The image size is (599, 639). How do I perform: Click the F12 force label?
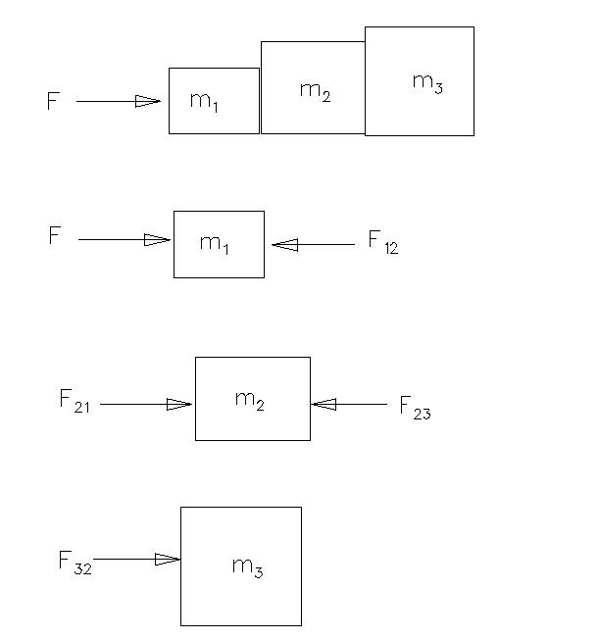[x=383, y=242]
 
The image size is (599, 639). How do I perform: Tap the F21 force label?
[x=75, y=401]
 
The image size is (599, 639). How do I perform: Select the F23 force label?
[x=415, y=408]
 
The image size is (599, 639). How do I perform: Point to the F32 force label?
[x=75, y=563]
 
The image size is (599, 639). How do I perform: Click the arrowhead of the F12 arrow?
[x=284, y=245]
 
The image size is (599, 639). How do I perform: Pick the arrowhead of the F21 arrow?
[x=179, y=404]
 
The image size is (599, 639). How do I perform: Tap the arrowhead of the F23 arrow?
[x=324, y=404]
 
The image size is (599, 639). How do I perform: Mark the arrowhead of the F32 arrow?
[x=168, y=559]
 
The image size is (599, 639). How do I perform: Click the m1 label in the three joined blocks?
[x=204, y=102]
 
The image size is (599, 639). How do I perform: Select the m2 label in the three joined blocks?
[x=315, y=92]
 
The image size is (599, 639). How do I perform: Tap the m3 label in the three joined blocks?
[x=427, y=83]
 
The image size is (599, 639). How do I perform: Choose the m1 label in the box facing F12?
[x=214, y=244]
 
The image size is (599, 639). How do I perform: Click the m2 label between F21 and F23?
[x=250, y=401]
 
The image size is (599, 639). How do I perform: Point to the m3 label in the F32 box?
[x=247, y=567]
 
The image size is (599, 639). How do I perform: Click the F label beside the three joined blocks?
[x=53, y=101]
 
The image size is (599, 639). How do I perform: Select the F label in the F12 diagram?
[x=55, y=235]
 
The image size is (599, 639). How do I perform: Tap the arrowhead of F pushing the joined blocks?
[x=148, y=101]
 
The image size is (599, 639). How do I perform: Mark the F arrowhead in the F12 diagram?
[x=157, y=239]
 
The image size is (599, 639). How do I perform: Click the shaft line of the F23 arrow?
[x=349, y=404]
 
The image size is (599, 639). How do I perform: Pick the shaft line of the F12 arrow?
[x=313, y=245]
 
